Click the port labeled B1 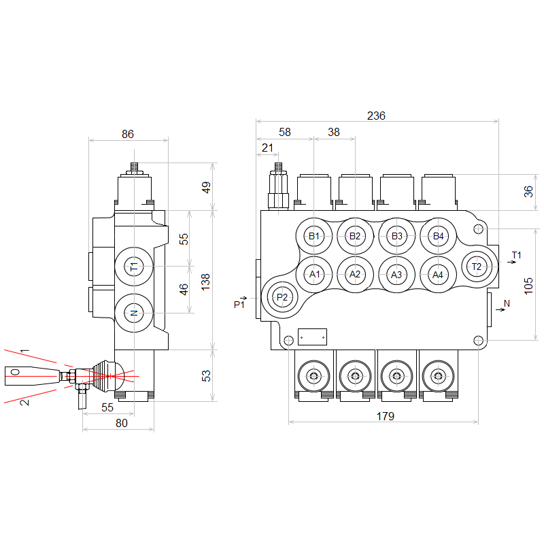[313, 236]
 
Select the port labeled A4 [438, 275]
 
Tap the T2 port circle [477, 266]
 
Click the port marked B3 [397, 236]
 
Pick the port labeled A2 [354, 274]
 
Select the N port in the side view [134, 313]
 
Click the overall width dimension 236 [376, 116]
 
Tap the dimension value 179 [384, 415]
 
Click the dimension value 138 [205, 281]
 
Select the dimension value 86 [128, 134]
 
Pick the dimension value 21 [267, 148]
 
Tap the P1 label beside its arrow [239, 304]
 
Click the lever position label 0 [16, 372]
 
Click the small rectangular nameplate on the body [312, 336]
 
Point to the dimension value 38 [334, 132]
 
